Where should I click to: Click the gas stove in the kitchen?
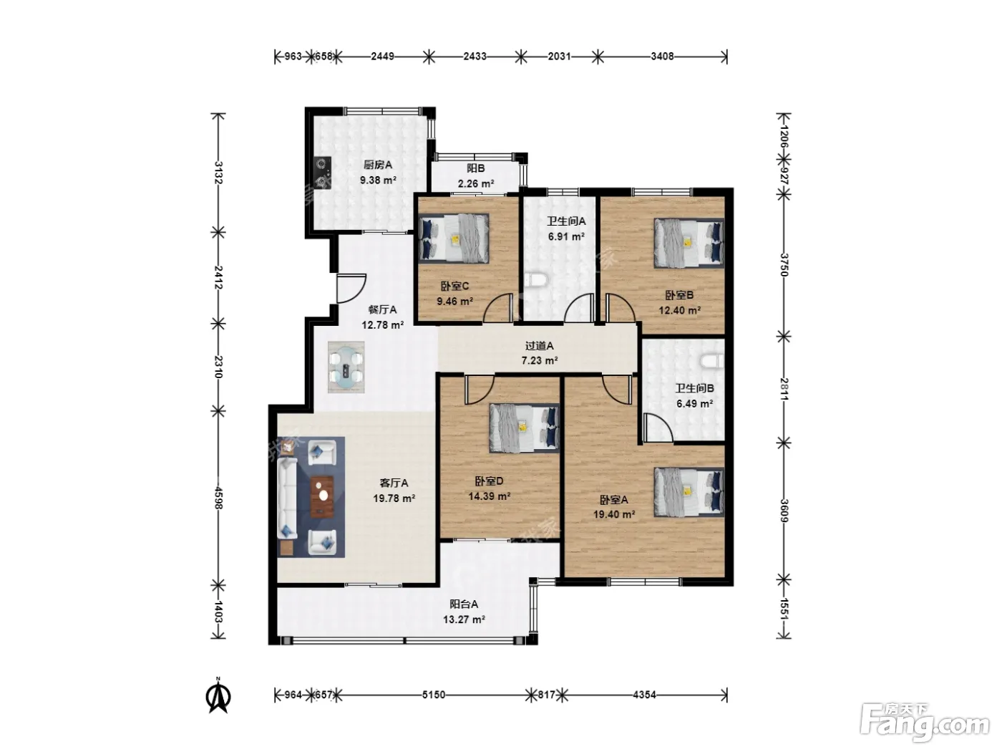tap(322, 173)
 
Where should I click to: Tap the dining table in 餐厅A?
tap(346, 367)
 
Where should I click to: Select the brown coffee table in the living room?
tap(322, 496)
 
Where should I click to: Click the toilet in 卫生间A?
tap(533, 280)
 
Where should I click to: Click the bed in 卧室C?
tap(454, 238)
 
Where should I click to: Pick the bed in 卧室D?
tap(524, 428)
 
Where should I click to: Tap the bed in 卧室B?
tap(689, 243)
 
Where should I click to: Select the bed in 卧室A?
tap(689, 492)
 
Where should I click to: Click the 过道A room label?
tap(539, 346)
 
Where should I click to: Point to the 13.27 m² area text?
tap(464, 620)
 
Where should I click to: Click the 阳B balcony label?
tap(476, 168)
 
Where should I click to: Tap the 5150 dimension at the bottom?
tap(433, 695)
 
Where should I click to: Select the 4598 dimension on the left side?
tap(218, 498)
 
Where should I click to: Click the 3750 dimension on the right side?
tap(784, 265)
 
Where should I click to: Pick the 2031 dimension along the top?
tap(559, 57)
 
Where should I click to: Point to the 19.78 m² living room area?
tap(394, 498)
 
